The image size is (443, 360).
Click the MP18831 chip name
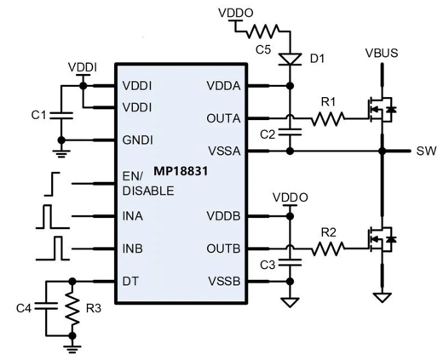coord(181,171)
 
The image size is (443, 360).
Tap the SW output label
coord(426,151)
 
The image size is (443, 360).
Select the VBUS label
coord(382,53)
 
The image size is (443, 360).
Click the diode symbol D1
coord(290,60)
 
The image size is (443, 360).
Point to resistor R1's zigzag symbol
coord(328,118)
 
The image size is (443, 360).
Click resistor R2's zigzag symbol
coord(328,249)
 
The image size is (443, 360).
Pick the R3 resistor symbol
coord(72,309)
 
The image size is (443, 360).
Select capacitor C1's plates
coord(61,115)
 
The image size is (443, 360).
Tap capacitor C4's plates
coord(46,306)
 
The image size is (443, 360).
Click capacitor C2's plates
coord(290,132)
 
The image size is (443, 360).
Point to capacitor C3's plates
coord(290,262)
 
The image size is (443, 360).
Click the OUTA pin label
coord(223,118)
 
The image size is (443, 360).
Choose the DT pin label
coord(130,282)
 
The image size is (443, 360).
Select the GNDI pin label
coord(138,140)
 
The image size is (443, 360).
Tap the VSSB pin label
coord(224,282)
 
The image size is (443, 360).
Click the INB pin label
coord(133,249)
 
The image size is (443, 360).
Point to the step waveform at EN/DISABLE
coord(52,184)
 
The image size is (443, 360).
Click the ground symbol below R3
coord(72,348)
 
